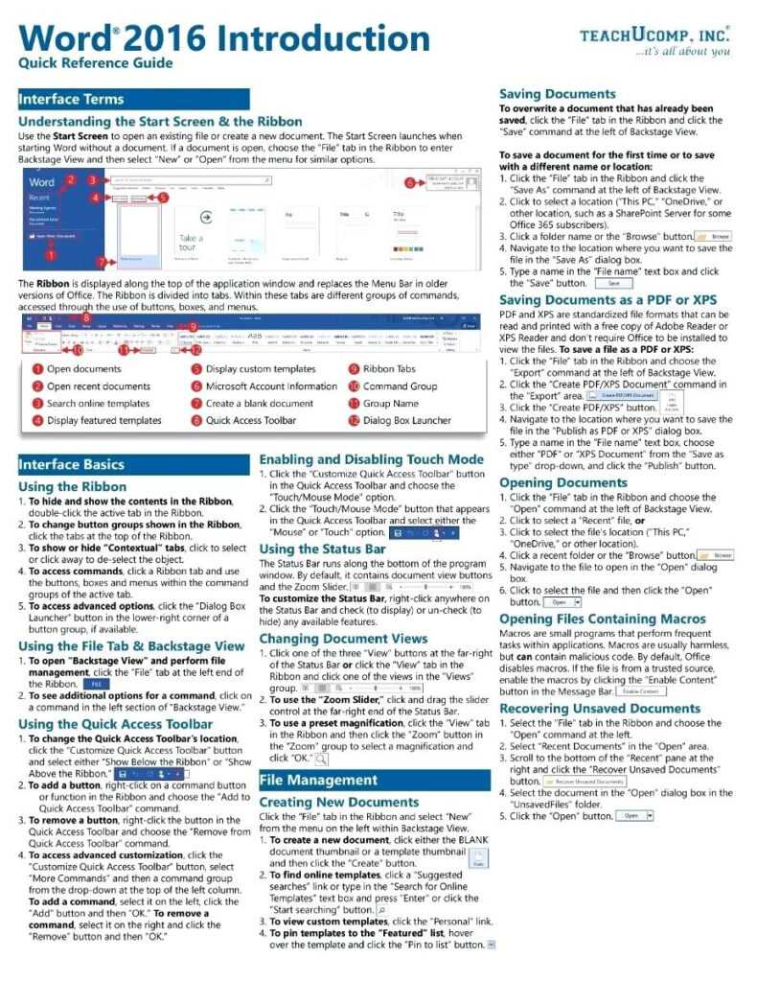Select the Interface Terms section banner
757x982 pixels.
point(134,99)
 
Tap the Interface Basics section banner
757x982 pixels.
point(134,464)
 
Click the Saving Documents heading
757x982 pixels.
point(558,94)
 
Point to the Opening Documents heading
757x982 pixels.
point(563,482)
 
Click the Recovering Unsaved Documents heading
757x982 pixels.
point(600,709)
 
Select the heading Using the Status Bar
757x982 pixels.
point(323,549)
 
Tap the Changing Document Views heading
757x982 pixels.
point(343,638)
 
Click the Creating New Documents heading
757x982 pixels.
point(339,802)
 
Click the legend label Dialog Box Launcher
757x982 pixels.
point(406,420)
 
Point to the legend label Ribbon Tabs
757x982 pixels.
point(389,368)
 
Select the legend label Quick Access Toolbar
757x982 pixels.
point(250,420)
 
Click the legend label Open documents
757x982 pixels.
point(83,368)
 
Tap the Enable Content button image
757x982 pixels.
point(641,690)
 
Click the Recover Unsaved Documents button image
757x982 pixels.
point(583,782)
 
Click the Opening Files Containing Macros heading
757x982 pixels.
point(603,620)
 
